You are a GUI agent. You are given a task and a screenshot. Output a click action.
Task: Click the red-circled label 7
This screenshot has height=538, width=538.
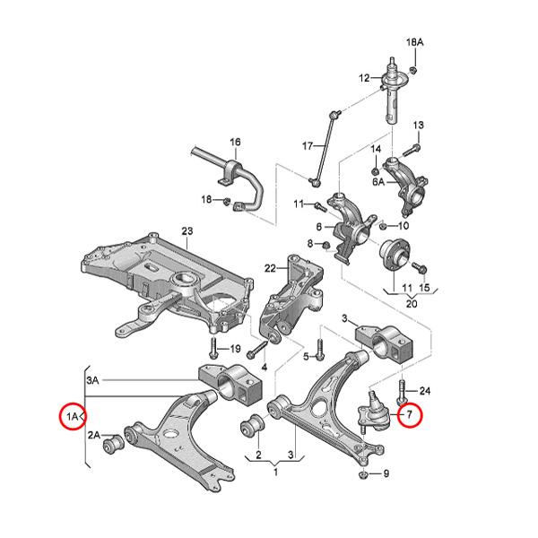pos(409,415)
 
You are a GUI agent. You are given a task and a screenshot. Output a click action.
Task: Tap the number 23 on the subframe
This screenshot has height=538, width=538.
pos(187,230)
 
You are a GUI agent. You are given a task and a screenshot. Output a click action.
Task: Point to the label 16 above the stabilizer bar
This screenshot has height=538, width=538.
pos(235,143)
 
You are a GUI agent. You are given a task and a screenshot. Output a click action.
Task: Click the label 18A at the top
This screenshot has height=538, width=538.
pos(413,43)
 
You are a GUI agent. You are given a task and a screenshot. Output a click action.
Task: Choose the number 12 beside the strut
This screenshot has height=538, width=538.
pos(364,78)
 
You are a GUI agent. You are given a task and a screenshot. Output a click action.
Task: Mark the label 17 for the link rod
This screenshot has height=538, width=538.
pos(307,146)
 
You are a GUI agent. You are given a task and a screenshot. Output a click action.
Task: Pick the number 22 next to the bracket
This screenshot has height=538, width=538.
pos(270,268)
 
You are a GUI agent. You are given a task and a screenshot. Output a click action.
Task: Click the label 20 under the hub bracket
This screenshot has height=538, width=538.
pos(413,303)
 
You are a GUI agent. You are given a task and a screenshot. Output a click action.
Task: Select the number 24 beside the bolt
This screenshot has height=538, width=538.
pos(425,390)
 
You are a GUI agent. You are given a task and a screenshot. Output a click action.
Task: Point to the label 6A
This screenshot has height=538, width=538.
pos(378,180)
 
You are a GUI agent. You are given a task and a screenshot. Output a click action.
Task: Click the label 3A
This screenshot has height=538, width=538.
pos(93,381)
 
